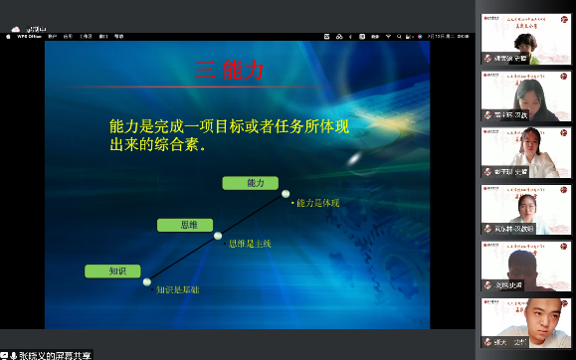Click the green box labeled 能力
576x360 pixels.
pos(256,183)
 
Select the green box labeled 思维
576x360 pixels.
pos(185,225)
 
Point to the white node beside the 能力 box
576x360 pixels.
pos(286,193)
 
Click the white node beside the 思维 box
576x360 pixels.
pos(218,236)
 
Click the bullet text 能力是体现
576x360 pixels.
pos(317,203)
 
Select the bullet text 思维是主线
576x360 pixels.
pos(250,244)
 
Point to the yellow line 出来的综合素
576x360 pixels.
pos(159,146)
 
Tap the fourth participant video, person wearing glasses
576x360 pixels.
pos(526,208)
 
